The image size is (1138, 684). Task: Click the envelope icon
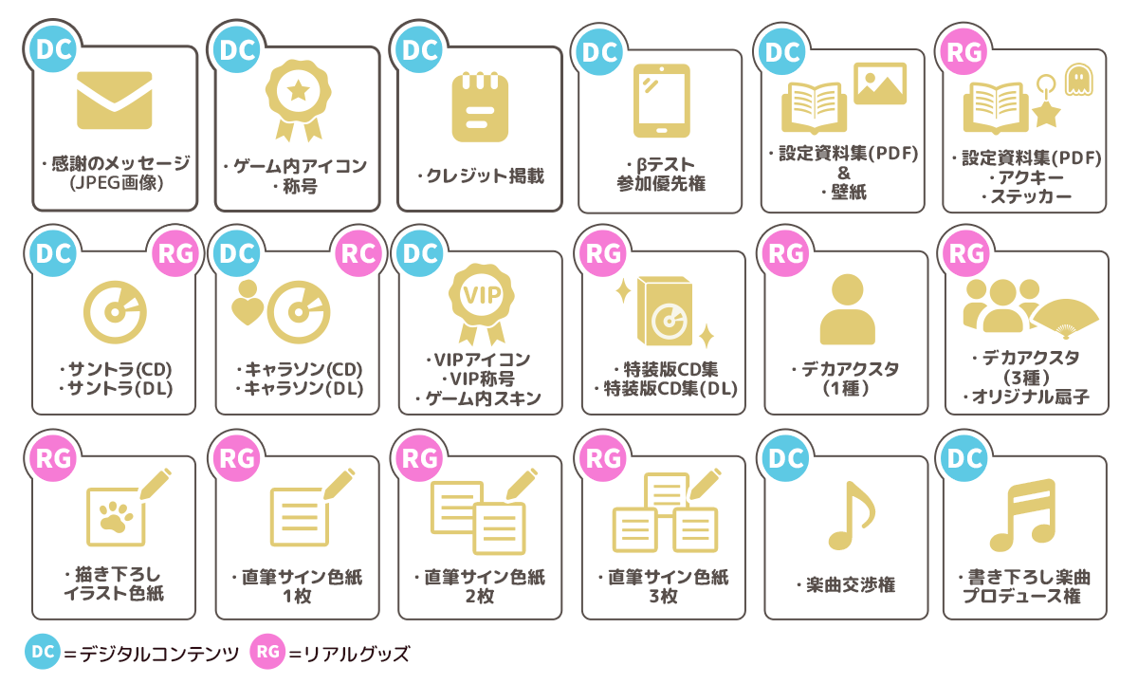[115, 101]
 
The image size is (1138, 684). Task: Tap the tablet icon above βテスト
[662, 101]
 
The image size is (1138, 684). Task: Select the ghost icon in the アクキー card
[1079, 80]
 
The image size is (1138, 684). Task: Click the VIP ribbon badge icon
[481, 304]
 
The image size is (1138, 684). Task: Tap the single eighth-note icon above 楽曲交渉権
[852, 515]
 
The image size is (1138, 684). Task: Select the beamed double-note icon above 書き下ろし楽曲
[1023, 515]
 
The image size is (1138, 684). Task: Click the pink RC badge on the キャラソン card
[358, 253]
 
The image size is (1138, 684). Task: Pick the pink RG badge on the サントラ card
[175, 253]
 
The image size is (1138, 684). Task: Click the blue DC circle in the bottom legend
[43, 652]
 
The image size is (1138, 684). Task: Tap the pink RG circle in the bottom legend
[267, 652]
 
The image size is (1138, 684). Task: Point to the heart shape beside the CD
[248, 311]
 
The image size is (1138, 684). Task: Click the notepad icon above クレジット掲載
[480, 107]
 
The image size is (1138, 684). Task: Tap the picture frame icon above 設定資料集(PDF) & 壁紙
[880, 83]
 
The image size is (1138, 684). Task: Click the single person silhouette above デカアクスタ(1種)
[848, 309]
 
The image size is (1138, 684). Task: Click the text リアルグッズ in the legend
[357, 653]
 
